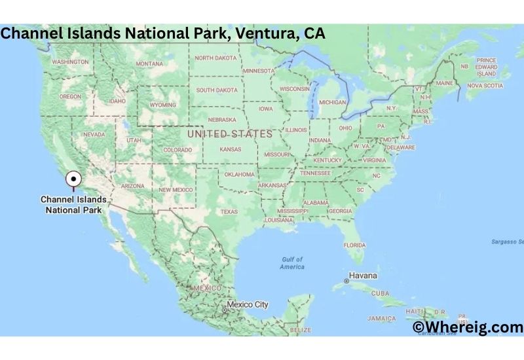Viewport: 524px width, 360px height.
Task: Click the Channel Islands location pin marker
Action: (73, 178)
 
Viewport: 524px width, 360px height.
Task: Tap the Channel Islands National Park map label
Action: (71, 205)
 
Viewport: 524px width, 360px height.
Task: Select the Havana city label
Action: (363, 276)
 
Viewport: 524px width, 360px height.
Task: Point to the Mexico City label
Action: (247, 304)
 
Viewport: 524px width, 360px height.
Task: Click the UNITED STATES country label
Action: (229, 134)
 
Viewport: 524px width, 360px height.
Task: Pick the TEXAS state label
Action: (229, 211)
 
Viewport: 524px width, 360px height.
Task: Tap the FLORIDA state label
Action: (354, 245)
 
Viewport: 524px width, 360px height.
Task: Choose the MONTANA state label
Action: (149, 63)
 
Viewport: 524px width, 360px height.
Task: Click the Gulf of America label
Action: (291, 263)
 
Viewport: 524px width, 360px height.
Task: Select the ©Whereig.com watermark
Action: (468, 327)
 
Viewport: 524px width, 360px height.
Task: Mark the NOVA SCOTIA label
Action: (485, 85)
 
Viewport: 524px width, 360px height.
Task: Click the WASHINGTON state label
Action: (70, 62)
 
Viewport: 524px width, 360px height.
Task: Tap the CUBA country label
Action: (380, 293)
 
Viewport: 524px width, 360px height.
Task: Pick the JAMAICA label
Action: (381, 318)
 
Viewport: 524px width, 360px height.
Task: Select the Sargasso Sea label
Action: (508, 242)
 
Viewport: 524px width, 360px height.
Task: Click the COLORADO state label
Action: (178, 150)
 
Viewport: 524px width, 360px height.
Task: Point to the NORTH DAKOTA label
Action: (215, 58)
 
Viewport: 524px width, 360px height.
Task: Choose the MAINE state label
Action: (445, 83)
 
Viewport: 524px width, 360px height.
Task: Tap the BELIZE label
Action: (300, 330)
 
